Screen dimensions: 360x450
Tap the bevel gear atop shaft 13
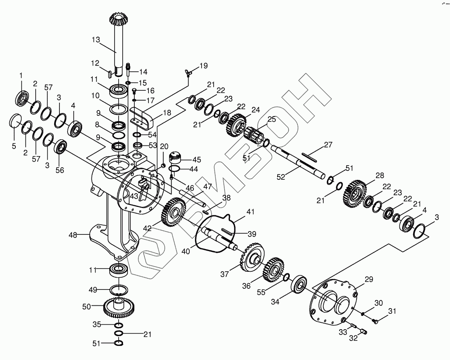[118, 18]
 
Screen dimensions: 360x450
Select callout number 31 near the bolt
[392, 311]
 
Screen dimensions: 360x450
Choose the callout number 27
[328, 144]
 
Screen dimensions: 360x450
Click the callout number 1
[21, 75]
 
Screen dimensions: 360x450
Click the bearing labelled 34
[300, 284]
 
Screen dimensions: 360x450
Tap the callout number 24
[255, 109]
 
